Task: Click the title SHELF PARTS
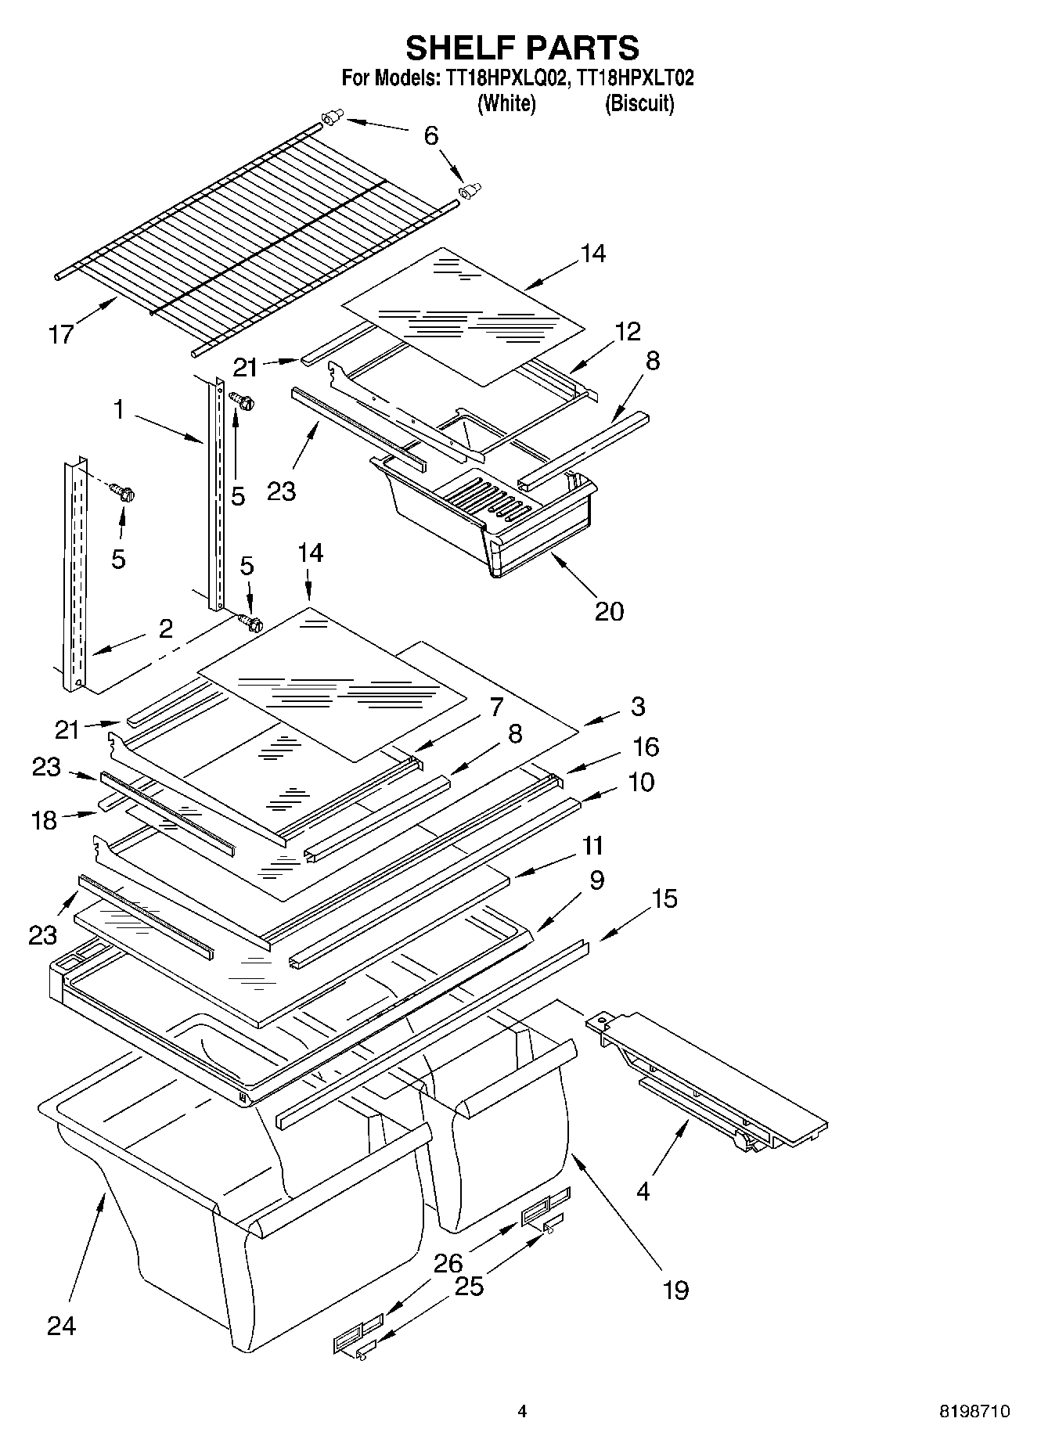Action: [x=522, y=48]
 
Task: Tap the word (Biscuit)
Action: [x=639, y=103]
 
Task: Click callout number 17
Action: [x=61, y=334]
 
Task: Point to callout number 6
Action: [x=431, y=135]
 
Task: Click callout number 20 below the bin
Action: [x=609, y=610]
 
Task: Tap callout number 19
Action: [x=675, y=1289]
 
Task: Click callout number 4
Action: [x=643, y=1191]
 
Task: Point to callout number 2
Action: [x=166, y=628]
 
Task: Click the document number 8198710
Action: [x=974, y=1412]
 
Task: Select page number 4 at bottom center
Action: [x=522, y=1412]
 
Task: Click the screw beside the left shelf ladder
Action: [x=123, y=493]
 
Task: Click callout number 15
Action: [x=664, y=898]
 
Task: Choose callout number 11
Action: [x=592, y=845]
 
